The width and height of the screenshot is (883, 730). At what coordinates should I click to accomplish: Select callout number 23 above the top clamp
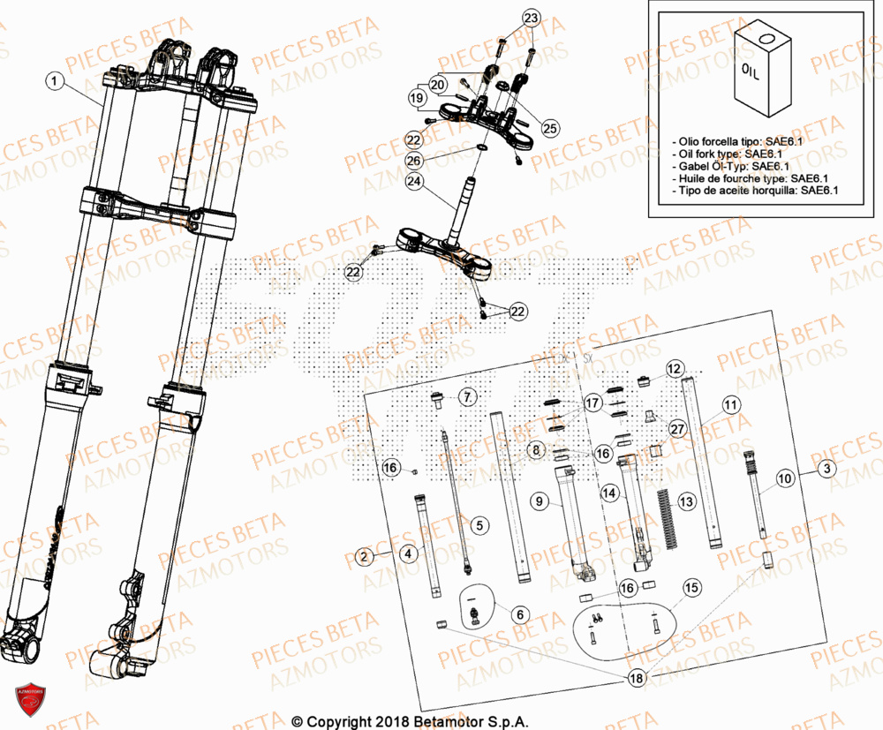[530, 19]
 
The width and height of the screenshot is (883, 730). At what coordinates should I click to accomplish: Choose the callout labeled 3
[824, 469]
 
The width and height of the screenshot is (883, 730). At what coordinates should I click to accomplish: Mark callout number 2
[363, 556]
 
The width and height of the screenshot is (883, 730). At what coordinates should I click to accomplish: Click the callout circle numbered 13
[686, 501]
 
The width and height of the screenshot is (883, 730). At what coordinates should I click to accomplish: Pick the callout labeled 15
[691, 586]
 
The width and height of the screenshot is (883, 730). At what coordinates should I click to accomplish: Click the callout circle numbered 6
[518, 613]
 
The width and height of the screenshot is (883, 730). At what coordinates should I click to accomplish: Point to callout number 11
[729, 405]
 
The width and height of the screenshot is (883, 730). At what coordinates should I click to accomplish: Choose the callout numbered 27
[677, 429]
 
